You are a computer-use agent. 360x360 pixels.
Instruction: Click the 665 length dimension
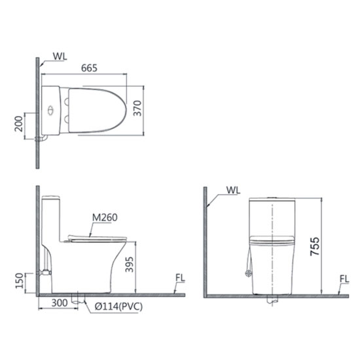coord(89,68)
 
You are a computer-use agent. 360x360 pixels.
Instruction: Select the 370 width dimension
coord(137,108)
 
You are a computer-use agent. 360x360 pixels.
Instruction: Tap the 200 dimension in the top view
coord(19,124)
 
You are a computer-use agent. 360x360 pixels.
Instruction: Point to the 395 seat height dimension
coord(129,264)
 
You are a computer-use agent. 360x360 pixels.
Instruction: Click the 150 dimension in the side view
coord(19,281)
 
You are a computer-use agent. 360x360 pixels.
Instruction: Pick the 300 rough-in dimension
coord(60,303)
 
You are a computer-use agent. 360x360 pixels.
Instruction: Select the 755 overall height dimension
coord(315,246)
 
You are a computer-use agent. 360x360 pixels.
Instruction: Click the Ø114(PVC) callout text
coord(118,306)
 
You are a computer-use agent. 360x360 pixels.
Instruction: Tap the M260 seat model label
coord(105,217)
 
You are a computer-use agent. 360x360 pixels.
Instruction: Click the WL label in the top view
coord(60,56)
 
